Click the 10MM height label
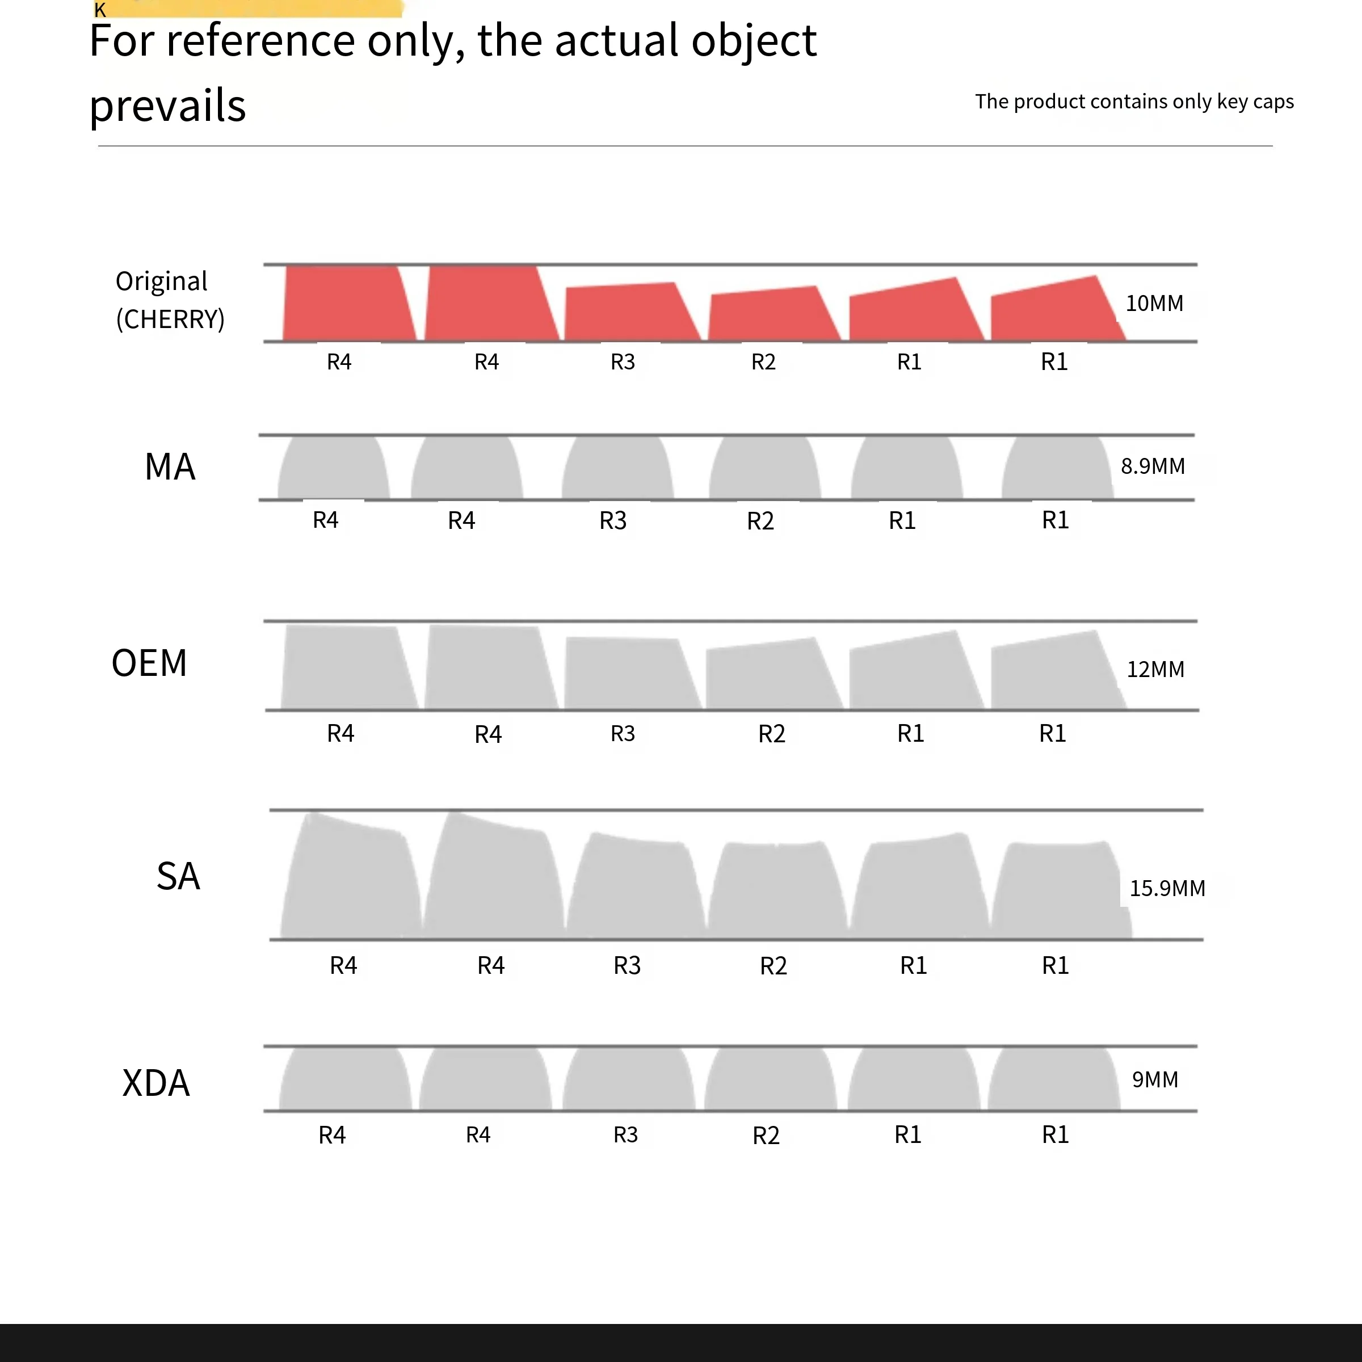pos(1154,303)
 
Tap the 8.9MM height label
pos(1153,466)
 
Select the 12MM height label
pos(1155,669)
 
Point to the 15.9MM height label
pos(1167,888)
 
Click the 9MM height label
pos(1155,1079)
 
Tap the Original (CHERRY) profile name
pos(169,300)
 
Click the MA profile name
pos(170,466)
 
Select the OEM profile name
pos(149,663)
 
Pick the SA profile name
pos(178,876)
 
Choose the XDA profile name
pos(156,1083)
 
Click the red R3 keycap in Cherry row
pos(628,312)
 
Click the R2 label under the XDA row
pos(766,1136)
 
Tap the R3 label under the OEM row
pos(623,733)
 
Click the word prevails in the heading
pos(168,106)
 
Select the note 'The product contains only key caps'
pos(1134,102)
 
